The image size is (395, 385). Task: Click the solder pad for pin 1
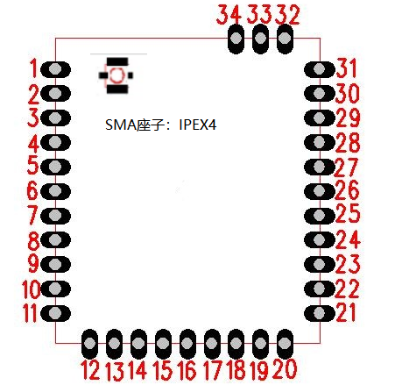[x=55, y=69]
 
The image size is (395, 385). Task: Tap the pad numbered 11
[x=55, y=313]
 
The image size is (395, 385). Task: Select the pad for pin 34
[x=236, y=39]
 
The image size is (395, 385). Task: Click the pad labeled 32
[x=285, y=39]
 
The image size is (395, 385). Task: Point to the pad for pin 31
[x=320, y=69]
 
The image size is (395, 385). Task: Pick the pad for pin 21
[x=320, y=313]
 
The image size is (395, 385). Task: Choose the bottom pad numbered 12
[x=89, y=344]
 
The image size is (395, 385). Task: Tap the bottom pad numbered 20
[x=285, y=344]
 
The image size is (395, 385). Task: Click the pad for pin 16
[x=187, y=344]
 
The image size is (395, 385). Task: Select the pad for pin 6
[x=55, y=191]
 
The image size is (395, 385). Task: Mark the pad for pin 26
[x=320, y=191]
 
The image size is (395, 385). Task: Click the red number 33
[x=258, y=14]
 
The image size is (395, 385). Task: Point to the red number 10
[x=32, y=289]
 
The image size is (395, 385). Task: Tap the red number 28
[x=348, y=143]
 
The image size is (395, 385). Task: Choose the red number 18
[x=236, y=370]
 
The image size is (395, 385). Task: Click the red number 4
[x=33, y=144]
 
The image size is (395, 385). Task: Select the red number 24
[x=348, y=239]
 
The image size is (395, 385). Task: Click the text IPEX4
[x=198, y=125]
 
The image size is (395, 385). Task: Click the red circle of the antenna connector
[x=111, y=75]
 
